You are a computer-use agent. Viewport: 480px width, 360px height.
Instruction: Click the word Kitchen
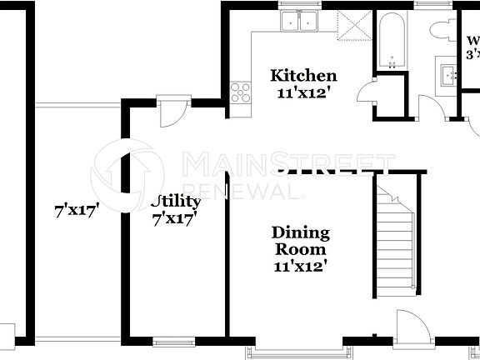(303, 76)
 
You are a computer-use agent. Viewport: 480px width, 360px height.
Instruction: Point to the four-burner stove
(240, 91)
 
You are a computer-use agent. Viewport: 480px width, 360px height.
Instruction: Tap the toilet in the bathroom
(441, 29)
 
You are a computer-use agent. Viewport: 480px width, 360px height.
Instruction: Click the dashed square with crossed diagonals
(352, 27)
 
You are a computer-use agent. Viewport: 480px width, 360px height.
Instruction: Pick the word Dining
(301, 232)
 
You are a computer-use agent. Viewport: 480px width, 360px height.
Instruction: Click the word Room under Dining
(301, 249)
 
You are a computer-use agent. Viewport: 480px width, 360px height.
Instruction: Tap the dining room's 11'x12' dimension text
(301, 267)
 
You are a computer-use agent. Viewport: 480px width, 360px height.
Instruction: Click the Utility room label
(176, 202)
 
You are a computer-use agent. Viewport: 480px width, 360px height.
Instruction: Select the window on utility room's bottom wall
(175, 341)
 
